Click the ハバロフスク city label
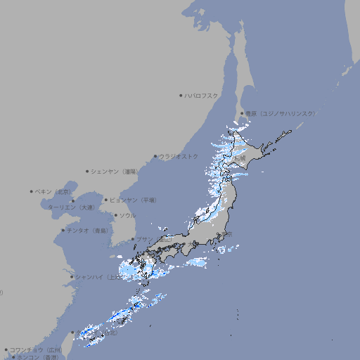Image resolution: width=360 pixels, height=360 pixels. [x=202, y=95]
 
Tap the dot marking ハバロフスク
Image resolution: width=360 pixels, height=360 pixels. [x=181, y=95]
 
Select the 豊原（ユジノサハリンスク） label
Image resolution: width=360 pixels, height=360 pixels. [x=281, y=113]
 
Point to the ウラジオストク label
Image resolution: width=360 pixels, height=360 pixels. [x=179, y=156]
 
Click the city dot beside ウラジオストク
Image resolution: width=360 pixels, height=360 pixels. [x=155, y=156]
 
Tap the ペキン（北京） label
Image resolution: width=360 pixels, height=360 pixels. [x=54, y=191]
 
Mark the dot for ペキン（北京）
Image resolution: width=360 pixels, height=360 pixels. [x=32, y=191]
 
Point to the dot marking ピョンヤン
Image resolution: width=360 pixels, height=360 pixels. [x=106, y=200]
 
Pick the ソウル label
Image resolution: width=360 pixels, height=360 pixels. [x=127, y=215]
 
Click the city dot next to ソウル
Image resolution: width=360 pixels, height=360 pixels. [x=115, y=215]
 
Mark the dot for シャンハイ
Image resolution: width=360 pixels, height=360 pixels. [x=71, y=277]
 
